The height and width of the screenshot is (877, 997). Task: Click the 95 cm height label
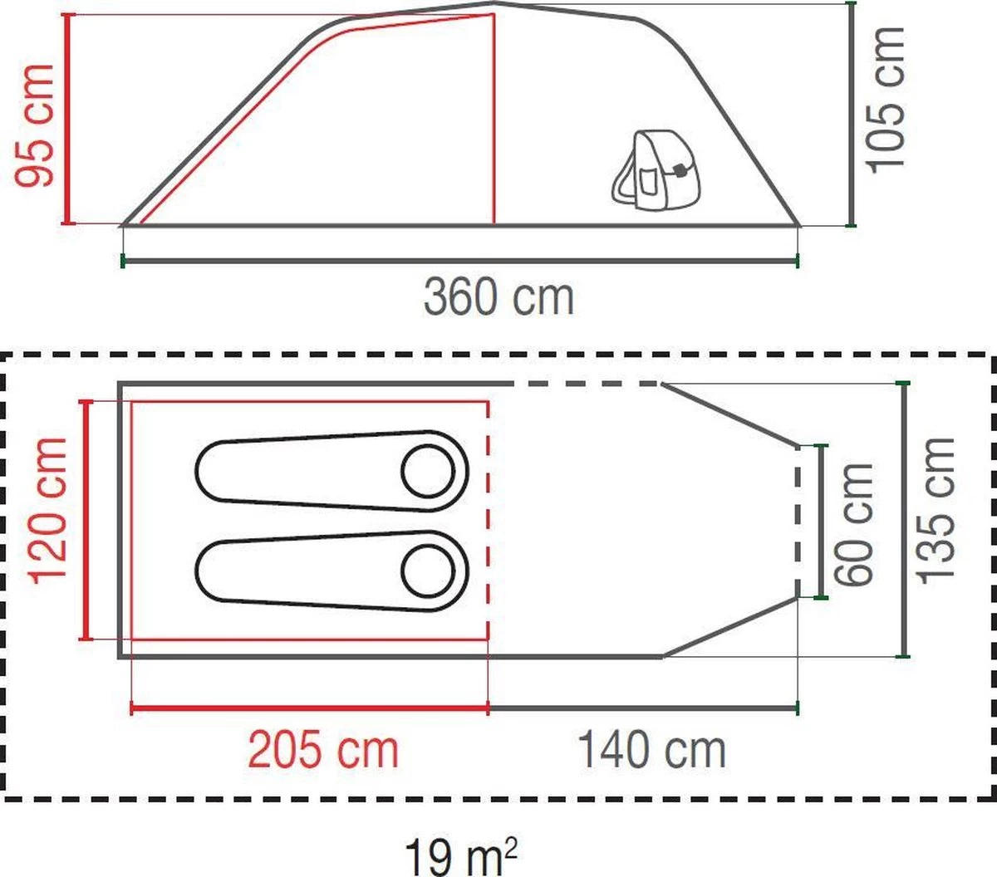(x=35, y=125)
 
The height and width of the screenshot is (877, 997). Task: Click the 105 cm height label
(x=886, y=100)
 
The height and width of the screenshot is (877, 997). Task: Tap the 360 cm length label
(x=498, y=296)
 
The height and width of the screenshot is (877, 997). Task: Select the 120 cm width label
(x=48, y=510)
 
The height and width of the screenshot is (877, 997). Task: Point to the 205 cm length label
(x=324, y=750)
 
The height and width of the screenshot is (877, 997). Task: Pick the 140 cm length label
(x=651, y=750)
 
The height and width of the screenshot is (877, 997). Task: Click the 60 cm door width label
(x=856, y=523)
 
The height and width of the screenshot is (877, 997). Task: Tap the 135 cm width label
(x=937, y=510)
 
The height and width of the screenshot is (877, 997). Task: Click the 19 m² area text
(x=461, y=855)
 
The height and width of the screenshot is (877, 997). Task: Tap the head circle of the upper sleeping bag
(x=428, y=471)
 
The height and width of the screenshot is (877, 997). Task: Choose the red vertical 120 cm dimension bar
(x=85, y=520)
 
